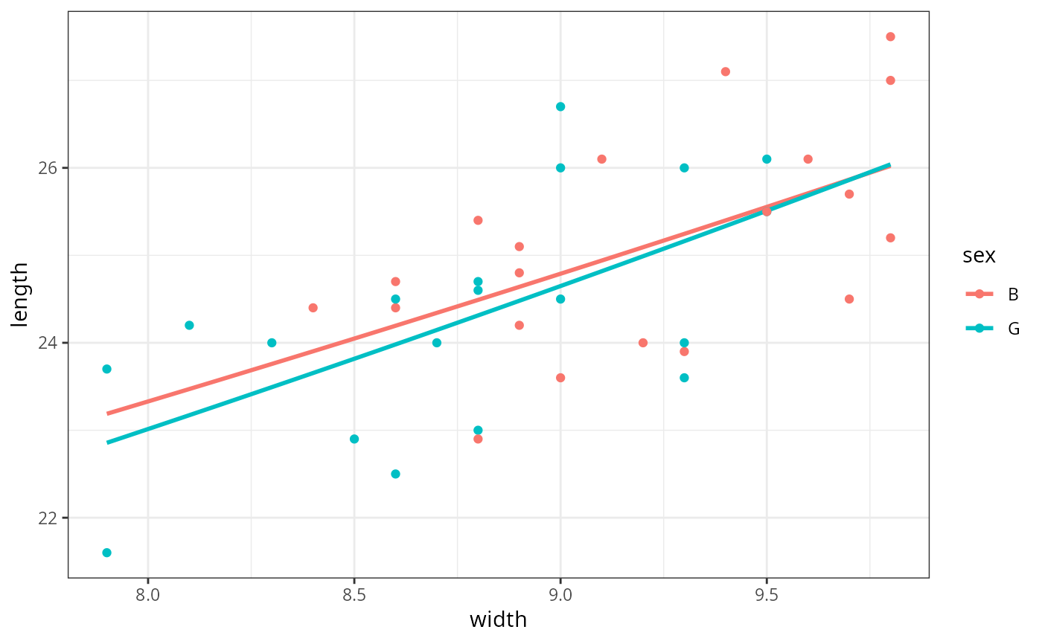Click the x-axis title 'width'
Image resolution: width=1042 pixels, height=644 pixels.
coord(498,619)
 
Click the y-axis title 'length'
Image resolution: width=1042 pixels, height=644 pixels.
coord(20,294)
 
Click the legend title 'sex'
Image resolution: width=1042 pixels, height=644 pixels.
coord(979,256)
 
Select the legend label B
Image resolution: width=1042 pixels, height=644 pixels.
coord(1013,294)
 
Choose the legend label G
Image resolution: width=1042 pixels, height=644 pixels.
coord(1013,329)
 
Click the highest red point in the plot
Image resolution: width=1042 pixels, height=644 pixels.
coord(890,36)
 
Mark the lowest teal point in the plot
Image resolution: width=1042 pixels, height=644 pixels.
coord(107,553)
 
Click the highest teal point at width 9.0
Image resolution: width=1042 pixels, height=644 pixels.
coord(560,107)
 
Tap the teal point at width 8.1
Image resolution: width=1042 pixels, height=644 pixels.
coord(189,325)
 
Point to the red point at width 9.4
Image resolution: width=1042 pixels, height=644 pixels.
coord(726,71)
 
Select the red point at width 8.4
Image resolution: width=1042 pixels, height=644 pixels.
coord(313,308)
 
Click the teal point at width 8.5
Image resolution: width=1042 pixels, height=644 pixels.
coord(354,439)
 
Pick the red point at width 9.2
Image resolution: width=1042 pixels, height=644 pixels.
coord(643,343)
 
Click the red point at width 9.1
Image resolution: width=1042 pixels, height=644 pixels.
coord(601,159)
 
